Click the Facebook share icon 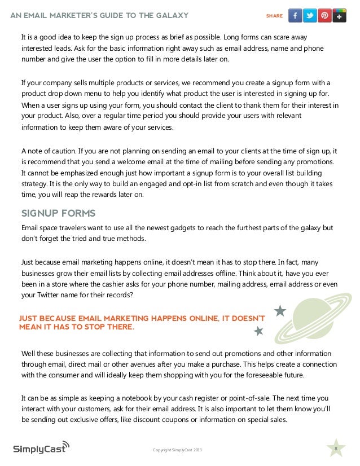point(295,16)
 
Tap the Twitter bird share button point(310,16)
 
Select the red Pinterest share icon point(324,16)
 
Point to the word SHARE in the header point(274,16)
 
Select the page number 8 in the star point(336,448)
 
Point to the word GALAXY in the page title point(168,15)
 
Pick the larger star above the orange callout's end point(280,311)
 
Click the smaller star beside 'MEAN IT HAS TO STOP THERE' point(258,331)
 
